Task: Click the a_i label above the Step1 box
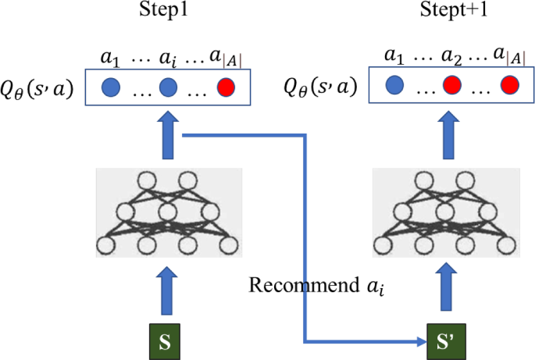(168, 59)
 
